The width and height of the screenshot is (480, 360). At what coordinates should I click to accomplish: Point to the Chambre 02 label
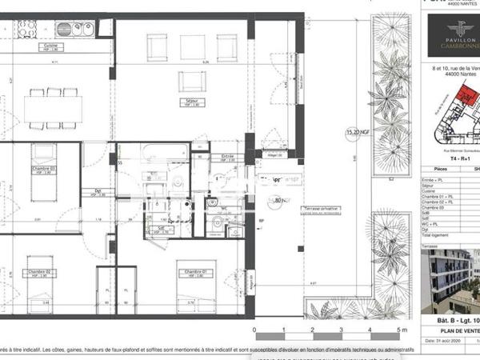pos(39,273)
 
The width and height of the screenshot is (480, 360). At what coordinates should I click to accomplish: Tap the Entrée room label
pos(226,157)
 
